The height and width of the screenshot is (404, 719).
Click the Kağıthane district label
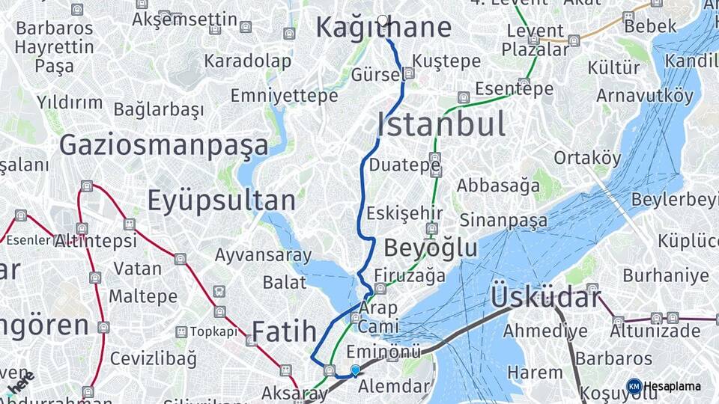(383, 28)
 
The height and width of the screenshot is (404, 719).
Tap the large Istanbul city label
(440, 124)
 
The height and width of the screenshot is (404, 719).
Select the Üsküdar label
(545, 298)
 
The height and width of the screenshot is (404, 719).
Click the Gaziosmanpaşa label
(163, 144)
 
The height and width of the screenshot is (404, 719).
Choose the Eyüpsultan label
(222, 201)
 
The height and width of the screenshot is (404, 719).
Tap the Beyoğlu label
(431, 248)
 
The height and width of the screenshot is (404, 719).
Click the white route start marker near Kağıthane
(383, 20)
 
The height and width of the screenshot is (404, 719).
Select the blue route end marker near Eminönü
(355, 370)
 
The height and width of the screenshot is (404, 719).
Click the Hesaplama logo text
(672, 386)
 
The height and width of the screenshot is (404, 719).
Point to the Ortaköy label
(587, 158)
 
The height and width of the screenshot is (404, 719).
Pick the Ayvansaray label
(263, 255)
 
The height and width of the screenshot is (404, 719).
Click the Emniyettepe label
(284, 96)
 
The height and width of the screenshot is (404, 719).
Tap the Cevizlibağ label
(154, 358)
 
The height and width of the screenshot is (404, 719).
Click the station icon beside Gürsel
(409, 73)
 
